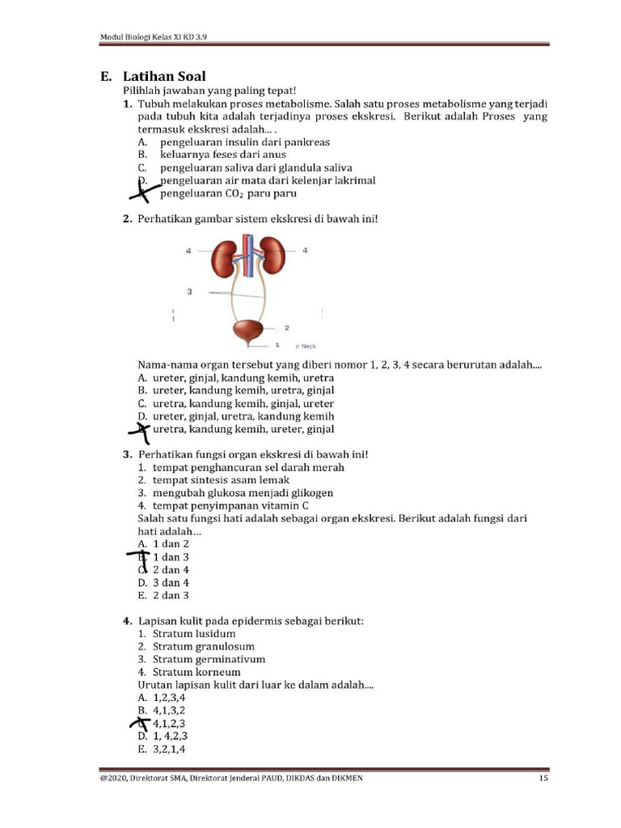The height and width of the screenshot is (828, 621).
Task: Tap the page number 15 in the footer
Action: (544, 779)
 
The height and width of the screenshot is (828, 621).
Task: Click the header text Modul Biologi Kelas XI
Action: (158, 36)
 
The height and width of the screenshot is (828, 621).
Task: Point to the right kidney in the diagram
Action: (272, 257)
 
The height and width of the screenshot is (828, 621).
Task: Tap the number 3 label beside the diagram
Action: (189, 291)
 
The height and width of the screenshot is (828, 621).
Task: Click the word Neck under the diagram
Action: (309, 345)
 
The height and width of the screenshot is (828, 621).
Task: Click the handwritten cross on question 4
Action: (142, 722)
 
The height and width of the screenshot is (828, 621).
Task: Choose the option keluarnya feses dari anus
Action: (222, 154)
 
